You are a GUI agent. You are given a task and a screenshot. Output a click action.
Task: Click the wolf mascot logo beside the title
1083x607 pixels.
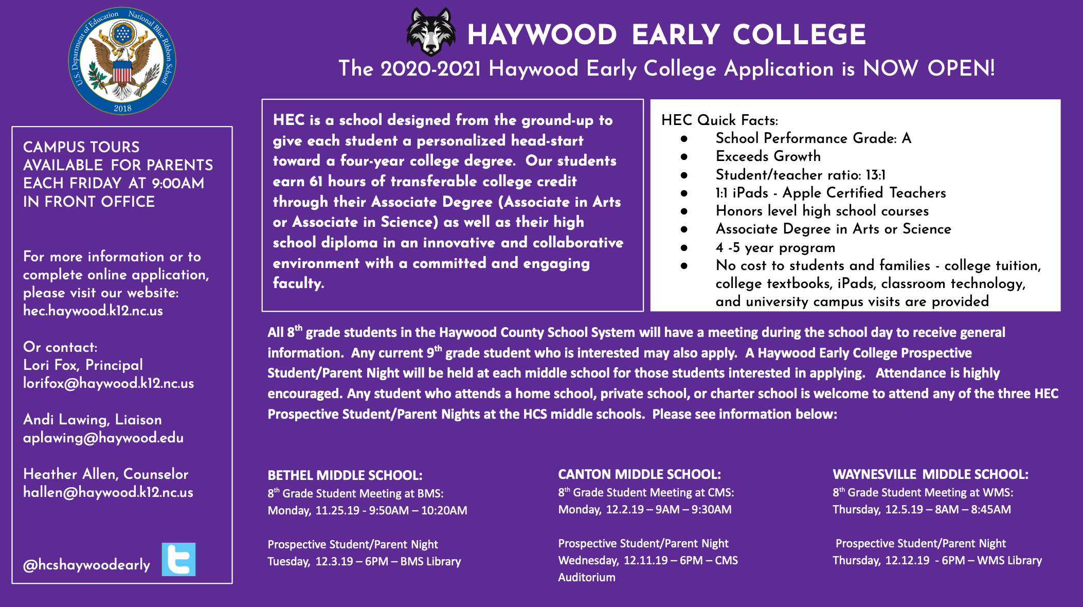point(431,32)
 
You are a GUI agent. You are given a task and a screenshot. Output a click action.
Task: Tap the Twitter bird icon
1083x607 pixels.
point(178,559)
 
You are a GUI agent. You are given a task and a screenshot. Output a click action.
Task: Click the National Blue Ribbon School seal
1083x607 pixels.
point(122,61)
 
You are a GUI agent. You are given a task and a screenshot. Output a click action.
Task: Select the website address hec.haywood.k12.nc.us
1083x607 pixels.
point(93,311)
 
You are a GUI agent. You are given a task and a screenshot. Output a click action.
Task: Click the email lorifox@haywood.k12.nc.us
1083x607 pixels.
point(109,383)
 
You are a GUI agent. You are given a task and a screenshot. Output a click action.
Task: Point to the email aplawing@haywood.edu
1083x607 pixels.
point(103,438)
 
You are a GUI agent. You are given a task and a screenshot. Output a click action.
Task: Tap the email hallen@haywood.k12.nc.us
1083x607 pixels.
point(108,492)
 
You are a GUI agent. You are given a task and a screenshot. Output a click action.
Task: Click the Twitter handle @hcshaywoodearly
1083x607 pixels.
point(86,565)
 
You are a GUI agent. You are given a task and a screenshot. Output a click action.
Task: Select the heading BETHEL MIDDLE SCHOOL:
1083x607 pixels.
point(345,475)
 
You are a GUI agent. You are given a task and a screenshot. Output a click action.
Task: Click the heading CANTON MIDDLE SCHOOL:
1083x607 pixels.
point(639,474)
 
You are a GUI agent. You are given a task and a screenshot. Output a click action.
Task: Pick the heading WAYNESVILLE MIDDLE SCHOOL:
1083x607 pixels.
point(930,474)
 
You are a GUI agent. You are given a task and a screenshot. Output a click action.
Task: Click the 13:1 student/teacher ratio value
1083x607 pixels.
point(875,175)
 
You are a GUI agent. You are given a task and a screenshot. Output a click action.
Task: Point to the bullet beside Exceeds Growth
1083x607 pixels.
point(684,156)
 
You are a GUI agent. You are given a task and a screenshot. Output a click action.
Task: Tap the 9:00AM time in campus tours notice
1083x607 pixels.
point(178,183)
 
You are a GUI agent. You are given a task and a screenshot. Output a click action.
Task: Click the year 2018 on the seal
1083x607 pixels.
point(122,108)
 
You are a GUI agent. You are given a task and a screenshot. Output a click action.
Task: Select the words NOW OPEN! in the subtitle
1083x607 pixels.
point(928,68)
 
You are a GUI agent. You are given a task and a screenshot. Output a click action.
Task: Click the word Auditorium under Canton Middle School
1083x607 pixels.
point(587,577)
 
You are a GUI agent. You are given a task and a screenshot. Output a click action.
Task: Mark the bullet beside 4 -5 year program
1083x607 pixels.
point(684,248)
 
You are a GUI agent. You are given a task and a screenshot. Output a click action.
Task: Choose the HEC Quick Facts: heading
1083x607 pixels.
point(719,120)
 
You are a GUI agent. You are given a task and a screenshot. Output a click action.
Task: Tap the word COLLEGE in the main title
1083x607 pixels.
point(799,35)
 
